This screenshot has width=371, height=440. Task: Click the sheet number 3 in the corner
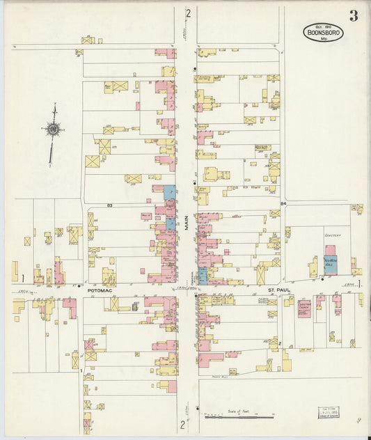354,16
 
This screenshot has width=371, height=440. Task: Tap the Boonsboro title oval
323,32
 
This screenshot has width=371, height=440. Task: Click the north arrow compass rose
53,128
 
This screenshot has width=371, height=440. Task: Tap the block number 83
110,205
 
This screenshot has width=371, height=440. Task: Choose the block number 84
283,203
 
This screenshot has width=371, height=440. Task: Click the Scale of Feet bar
241,416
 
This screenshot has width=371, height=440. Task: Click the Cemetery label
332,235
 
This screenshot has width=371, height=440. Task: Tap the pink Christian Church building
304,308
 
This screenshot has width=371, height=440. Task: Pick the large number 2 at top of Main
187,13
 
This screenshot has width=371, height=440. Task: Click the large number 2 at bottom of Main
183,424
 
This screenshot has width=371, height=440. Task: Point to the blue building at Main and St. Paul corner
202,276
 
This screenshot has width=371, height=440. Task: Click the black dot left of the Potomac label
80,286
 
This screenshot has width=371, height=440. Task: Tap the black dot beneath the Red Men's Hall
322,279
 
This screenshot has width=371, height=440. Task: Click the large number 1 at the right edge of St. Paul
359,283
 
